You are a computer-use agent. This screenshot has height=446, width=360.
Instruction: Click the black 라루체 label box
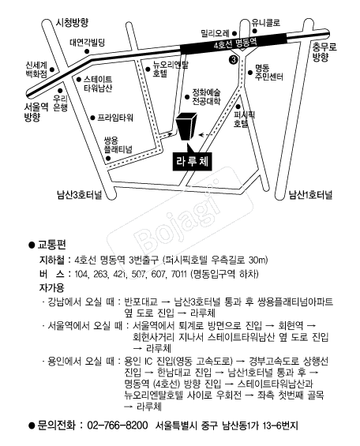click(x=192, y=162)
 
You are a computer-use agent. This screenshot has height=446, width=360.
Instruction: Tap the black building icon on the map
click(x=186, y=126)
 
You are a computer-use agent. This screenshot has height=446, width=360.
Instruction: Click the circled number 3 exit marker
click(x=233, y=60)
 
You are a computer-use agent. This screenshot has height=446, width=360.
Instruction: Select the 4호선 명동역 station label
click(x=235, y=43)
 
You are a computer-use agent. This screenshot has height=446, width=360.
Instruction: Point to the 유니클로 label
click(x=266, y=22)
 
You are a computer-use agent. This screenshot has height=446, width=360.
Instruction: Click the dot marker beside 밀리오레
click(x=234, y=33)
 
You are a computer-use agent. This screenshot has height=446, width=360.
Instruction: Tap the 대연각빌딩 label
click(x=88, y=43)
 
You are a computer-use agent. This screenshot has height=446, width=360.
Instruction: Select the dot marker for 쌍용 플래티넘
click(x=108, y=158)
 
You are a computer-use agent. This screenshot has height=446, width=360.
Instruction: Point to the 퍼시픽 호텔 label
click(x=244, y=119)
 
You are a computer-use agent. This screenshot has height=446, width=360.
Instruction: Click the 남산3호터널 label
click(x=80, y=195)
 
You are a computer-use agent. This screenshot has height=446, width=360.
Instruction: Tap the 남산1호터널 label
click(x=310, y=195)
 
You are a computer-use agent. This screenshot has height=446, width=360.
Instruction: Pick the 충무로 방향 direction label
click(x=324, y=52)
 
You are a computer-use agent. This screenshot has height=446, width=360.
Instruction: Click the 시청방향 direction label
click(x=72, y=22)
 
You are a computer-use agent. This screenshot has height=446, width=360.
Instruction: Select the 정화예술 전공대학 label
click(x=206, y=97)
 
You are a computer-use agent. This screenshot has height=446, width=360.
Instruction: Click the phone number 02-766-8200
click(x=118, y=425)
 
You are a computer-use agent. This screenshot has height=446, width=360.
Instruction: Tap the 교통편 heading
click(x=52, y=245)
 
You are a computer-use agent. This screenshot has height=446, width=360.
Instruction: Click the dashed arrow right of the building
click(x=205, y=134)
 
